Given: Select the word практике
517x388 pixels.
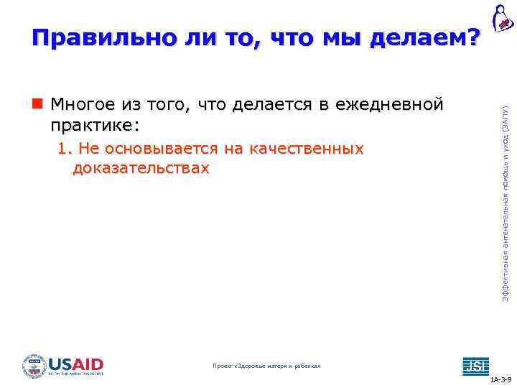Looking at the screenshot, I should coord(91,125).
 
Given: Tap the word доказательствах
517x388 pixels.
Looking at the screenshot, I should coord(141,168).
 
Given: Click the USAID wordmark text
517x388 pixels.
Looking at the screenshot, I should coord(76,362).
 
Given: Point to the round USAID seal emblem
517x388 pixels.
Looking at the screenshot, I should coord(34,365).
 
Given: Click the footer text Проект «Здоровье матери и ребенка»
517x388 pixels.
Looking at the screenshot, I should coord(267,366).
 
